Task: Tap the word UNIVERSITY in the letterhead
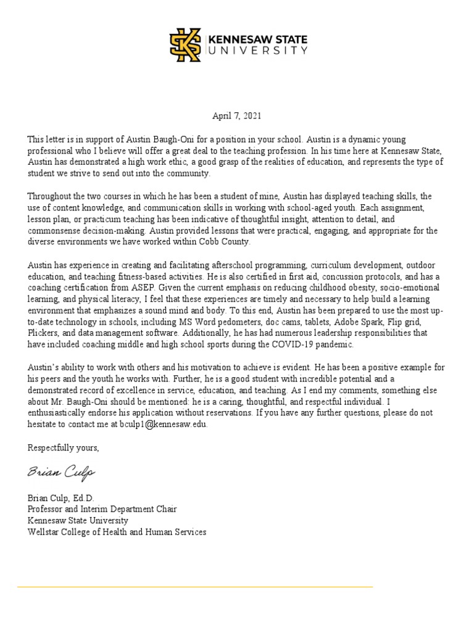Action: (257, 51)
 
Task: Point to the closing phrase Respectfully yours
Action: (63, 447)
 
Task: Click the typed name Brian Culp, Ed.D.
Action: (60, 498)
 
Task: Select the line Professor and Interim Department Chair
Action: (102, 509)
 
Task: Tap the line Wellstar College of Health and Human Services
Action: (117, 531)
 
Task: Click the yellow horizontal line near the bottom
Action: (195, 586)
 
